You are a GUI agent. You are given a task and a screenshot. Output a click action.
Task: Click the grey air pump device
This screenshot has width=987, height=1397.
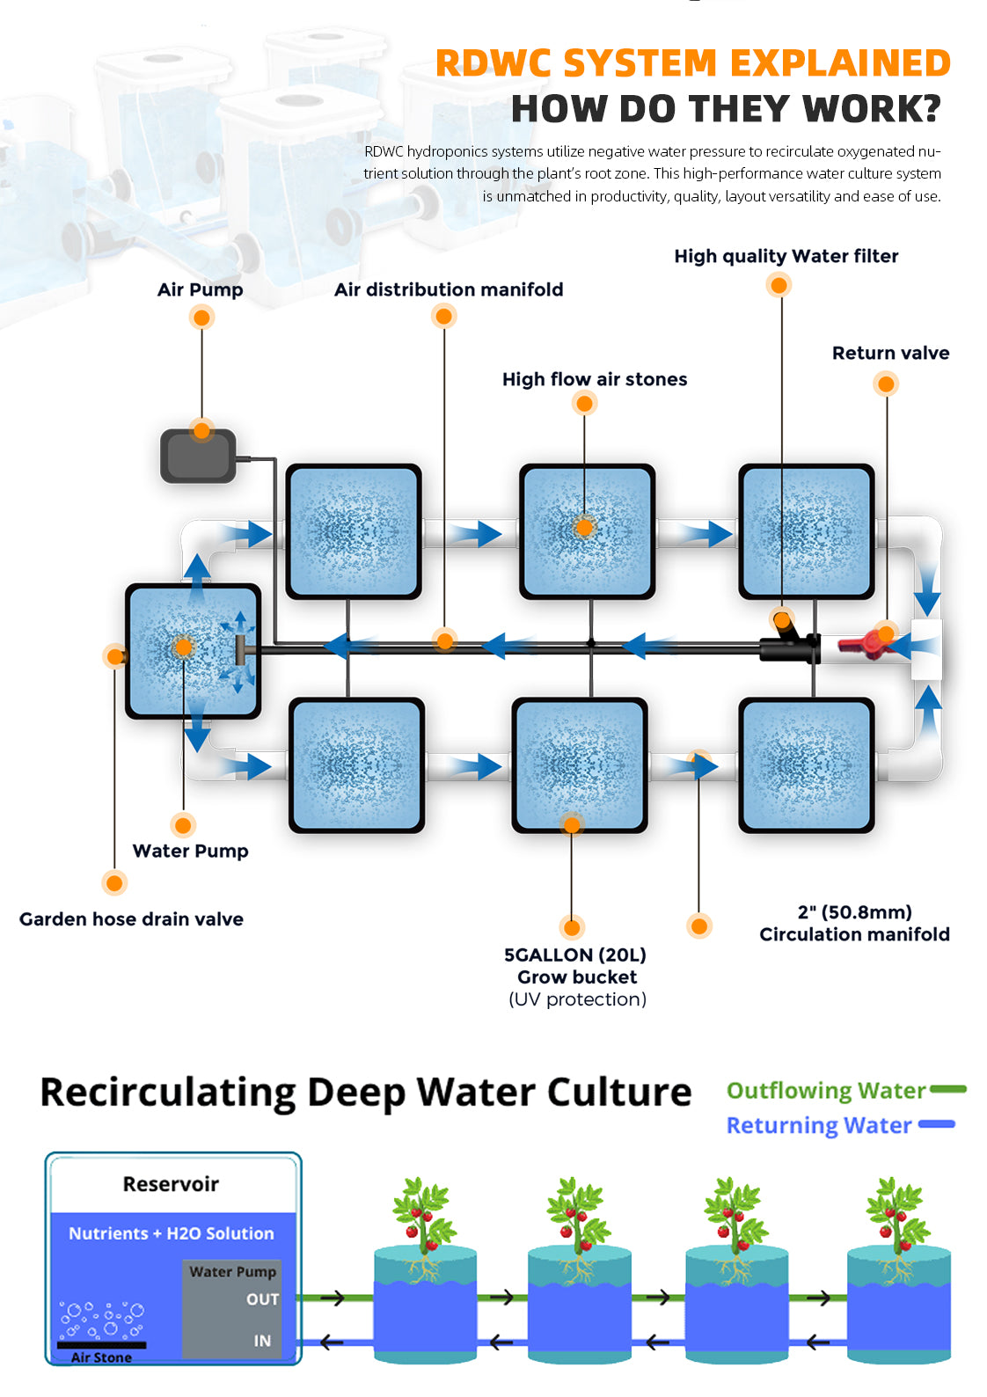(x=198, y=456)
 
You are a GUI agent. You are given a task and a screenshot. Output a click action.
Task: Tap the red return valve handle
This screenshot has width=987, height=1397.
(x=863, y=644)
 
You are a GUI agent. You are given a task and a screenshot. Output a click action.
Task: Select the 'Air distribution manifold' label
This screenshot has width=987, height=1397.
(x=449, y=289)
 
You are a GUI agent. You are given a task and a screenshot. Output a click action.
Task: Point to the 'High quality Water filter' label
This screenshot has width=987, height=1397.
(x=786, y=256)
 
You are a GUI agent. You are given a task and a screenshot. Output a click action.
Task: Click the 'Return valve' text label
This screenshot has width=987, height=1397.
(x=890, y=353)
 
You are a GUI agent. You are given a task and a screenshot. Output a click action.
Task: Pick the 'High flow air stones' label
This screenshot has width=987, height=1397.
(x=595, y=379)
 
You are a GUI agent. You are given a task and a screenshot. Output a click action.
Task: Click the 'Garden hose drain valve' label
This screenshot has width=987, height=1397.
(x=131, y=919)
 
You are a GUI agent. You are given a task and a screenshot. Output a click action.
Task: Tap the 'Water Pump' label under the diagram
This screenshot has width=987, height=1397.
(x=190, y=851)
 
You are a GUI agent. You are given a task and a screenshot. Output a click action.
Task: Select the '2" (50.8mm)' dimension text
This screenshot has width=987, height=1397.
(x=854, y=912)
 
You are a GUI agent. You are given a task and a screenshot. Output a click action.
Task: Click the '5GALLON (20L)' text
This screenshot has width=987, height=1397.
(x=575, y=954)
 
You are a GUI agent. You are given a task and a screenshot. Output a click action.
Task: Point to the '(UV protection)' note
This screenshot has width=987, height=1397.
(x=577, y=999)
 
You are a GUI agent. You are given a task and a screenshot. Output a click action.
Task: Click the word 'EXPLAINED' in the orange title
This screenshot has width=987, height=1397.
(x=840, y=63)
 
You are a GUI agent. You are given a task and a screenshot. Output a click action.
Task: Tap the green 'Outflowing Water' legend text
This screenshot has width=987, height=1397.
(x=826, y=1091)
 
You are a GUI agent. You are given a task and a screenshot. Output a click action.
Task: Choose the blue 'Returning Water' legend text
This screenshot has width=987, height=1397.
(x=819, y=1125)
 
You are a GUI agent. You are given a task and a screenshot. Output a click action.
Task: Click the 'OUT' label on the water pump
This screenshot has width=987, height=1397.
(x=262, y=1299)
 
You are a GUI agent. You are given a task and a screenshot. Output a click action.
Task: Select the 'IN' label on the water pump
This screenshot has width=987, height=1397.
(x=262, y=1341)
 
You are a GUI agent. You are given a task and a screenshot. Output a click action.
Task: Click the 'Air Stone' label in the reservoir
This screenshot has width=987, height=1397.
(x=101, y=1357)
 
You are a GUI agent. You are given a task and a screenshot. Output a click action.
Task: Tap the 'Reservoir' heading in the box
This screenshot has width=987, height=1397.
(x=171, y=1184)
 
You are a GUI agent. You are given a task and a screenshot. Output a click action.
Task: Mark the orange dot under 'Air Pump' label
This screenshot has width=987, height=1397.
(x=201, y=318)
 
